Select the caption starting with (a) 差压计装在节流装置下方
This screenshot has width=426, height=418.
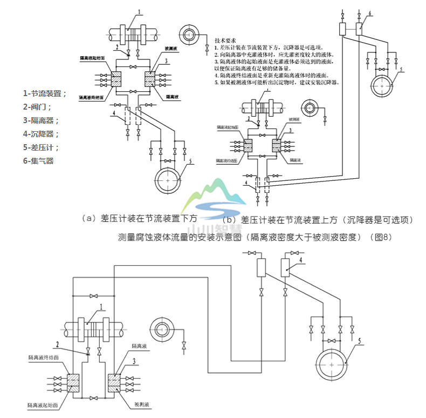(x=138, y=218)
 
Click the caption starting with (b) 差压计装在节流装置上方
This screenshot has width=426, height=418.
(x=318, y=220)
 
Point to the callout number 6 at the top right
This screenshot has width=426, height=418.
(x=369, y=12)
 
